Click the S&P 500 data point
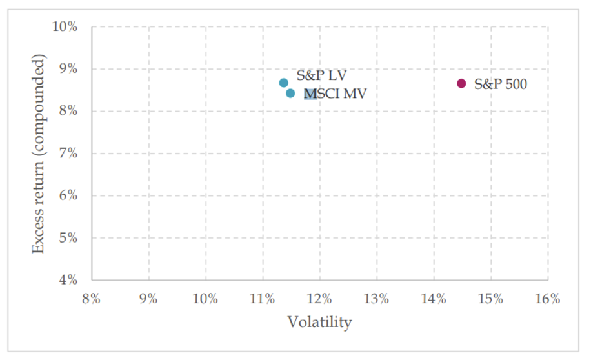point(461,83)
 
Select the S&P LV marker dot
point(284,83)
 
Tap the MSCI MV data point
point(290,94)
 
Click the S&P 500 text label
point(500,84)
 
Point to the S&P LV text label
point(321,75)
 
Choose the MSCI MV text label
point(336,94)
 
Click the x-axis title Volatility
point(319,322)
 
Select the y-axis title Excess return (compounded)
point(40,154)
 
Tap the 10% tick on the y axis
point(65,27)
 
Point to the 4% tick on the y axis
point(68,280)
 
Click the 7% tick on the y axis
point(68,154)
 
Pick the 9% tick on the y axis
point(68,69)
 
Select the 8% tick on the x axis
point(92,299)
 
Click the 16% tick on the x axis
point(547,299)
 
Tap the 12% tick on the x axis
point(319,299)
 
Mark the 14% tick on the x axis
point(434,299)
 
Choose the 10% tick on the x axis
point(205,299)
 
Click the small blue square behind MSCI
point(310,95)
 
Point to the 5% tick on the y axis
point(68,238)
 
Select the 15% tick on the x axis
point(490,299)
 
